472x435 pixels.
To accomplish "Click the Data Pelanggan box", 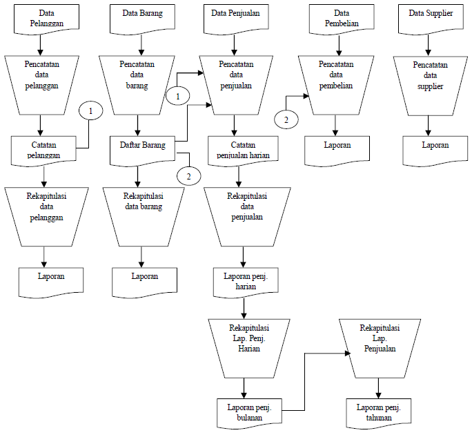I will click(x=41, y=19).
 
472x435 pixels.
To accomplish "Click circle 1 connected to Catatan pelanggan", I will click(x=90, y=110).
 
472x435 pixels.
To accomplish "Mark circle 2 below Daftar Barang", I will click(x=188, y=175).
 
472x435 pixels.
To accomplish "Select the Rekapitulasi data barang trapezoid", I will click(x=143, y=215).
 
